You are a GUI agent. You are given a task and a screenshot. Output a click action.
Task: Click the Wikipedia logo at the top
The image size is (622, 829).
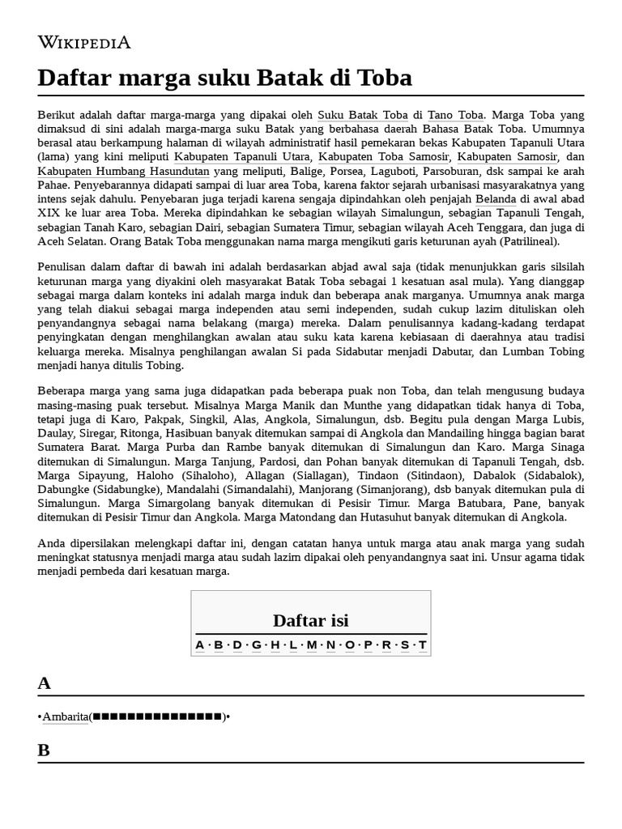(83, 42)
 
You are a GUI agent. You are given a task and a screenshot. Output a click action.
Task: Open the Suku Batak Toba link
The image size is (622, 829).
(362, 115)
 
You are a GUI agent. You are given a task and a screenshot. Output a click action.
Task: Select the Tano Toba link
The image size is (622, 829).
(455, 115)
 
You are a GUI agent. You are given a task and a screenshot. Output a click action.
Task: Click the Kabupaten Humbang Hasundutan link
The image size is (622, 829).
(123, 171)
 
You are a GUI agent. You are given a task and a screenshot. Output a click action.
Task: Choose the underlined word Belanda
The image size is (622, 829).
(495, 199)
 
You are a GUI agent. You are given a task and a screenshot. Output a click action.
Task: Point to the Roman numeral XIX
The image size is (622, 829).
(50, 213)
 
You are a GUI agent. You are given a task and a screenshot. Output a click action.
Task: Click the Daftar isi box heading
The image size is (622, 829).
(310, 621)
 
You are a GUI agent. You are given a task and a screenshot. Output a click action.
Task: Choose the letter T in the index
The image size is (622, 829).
(422, 645)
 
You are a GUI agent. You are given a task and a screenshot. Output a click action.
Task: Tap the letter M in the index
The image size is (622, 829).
(311, 645)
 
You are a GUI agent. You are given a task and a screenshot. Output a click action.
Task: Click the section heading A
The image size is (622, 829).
(44, 683)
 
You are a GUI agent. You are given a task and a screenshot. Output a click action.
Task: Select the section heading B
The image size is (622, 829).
(44, 750)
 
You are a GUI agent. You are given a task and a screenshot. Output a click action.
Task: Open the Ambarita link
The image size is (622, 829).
(65, 716)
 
